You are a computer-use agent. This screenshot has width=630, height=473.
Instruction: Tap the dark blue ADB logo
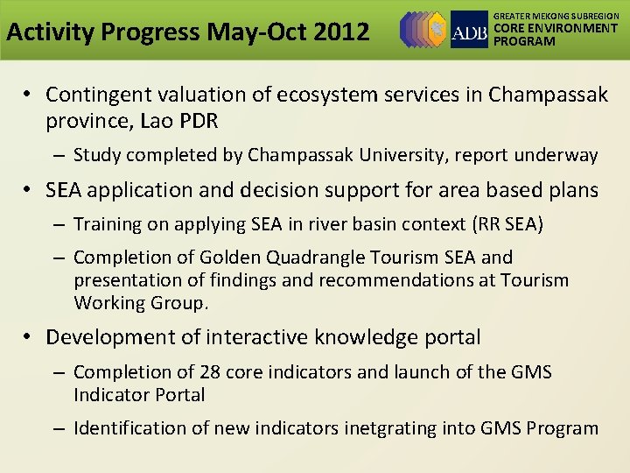pyautogui.click(x=469, y=30)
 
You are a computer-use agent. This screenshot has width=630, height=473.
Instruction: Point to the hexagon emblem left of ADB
pyautogui.click(x=424, y=30)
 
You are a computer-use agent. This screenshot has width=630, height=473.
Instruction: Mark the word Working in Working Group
pyautogui.click(x=108, y=303)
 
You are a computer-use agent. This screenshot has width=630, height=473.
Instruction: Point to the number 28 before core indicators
pyautogui.click(x=209, y=372)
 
